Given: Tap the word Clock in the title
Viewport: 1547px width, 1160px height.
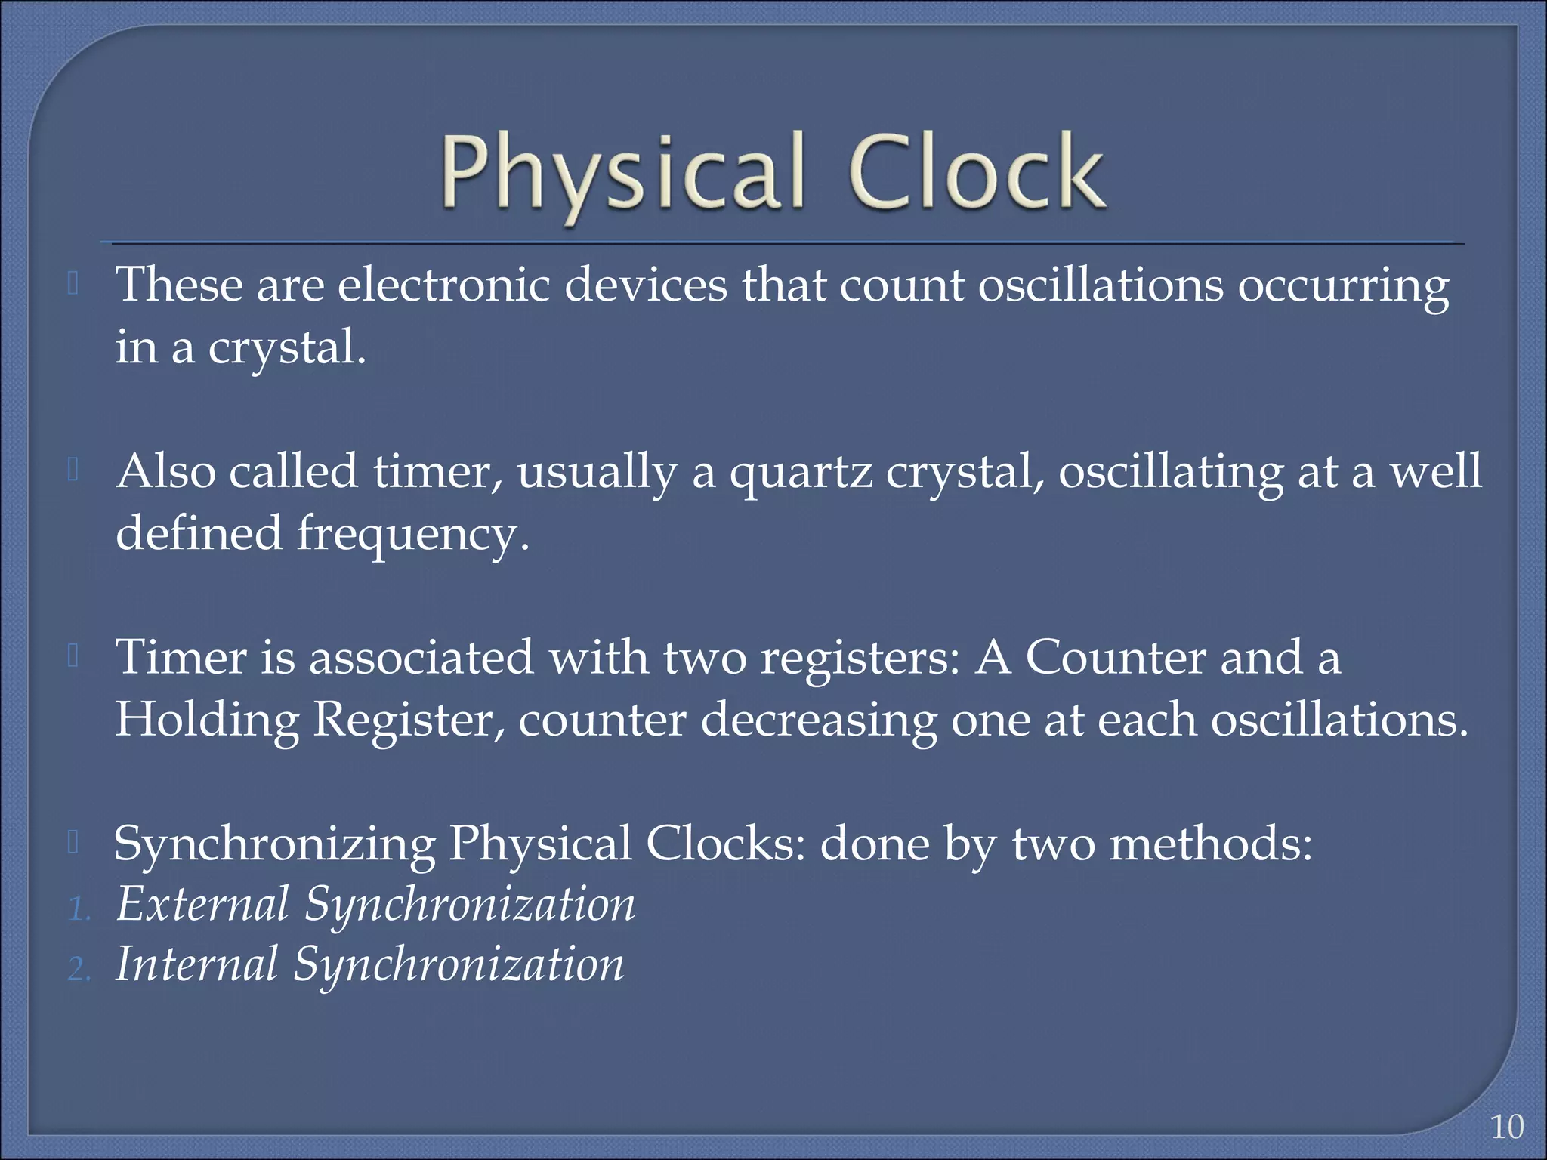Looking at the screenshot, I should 978,172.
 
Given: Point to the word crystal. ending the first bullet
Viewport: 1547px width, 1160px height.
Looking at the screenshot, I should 286,349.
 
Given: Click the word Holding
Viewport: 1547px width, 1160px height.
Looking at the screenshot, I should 207,720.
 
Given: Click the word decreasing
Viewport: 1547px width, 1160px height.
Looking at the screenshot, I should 818,720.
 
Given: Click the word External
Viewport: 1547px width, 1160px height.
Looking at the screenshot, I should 202,905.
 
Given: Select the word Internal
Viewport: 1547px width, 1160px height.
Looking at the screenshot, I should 196,965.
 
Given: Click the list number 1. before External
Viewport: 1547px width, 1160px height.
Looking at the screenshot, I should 79,909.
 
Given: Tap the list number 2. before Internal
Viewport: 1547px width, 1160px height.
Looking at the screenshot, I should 79,969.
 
